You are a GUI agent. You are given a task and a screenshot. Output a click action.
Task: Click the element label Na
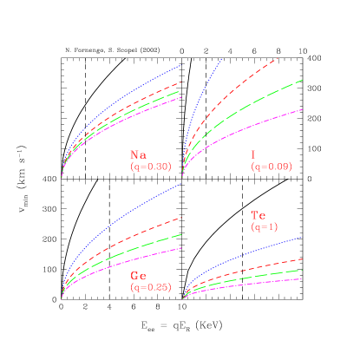138,155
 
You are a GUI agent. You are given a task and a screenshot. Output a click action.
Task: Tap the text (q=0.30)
150,166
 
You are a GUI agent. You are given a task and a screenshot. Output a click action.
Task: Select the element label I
253,155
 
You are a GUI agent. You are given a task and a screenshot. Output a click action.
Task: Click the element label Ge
138,275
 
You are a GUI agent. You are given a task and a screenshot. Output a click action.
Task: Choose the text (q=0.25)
150,286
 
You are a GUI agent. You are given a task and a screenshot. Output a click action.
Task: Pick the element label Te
258,215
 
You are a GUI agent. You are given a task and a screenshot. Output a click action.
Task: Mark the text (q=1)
264,226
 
